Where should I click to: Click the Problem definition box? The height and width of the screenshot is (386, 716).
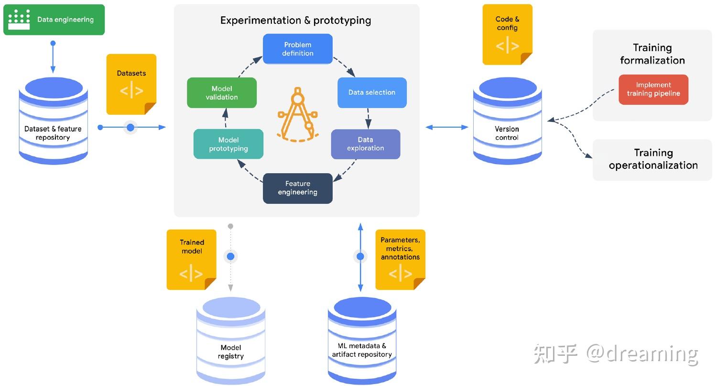pyautogui.click(x=298, y=49)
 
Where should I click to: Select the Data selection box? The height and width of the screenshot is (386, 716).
pyautogui.click(x=372, y=92)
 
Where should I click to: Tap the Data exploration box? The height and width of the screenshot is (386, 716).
pyautogui.click(x=366, y=144)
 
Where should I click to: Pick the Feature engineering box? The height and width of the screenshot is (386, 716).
pyautogui.click(x=298, y=188)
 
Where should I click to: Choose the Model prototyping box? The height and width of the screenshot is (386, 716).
pyautogui.click(x=228, y=144)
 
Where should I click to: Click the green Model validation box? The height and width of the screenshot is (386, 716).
pyautogui.click(x=222, y=93)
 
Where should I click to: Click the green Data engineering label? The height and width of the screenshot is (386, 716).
pyautogui.click(x=54, y=20)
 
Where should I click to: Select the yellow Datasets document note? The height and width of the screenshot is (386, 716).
pyautogui.click(x=131, y=84)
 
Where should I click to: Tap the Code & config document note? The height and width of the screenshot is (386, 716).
pyautogui.click(x=507, y=34)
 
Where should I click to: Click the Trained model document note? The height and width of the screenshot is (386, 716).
pyautogui.click(x=192, y=260)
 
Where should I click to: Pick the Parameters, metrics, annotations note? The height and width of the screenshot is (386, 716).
pyautogui.click(x=400, y=260)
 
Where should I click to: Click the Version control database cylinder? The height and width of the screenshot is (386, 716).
pyautogui.click(x=507, y=121)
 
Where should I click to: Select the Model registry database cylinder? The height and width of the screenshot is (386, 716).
pyautogui.click(x=231, y=341)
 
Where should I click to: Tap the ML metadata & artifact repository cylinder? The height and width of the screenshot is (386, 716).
pyautogui.click(x=362, y=341)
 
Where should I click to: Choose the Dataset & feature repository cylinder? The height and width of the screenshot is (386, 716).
pyautogui.click(x=54, y=121)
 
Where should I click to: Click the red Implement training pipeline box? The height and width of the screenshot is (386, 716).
pyautogui.click(x=653, y=89)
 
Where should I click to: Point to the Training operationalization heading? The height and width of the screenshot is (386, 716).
pyautogui.click(x=653, y=159)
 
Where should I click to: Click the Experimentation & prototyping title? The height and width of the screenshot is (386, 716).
pyautogui.click(x=296, y=21)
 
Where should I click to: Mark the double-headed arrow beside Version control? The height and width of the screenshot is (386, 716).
pyautogui.click(x=447, y=127)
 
